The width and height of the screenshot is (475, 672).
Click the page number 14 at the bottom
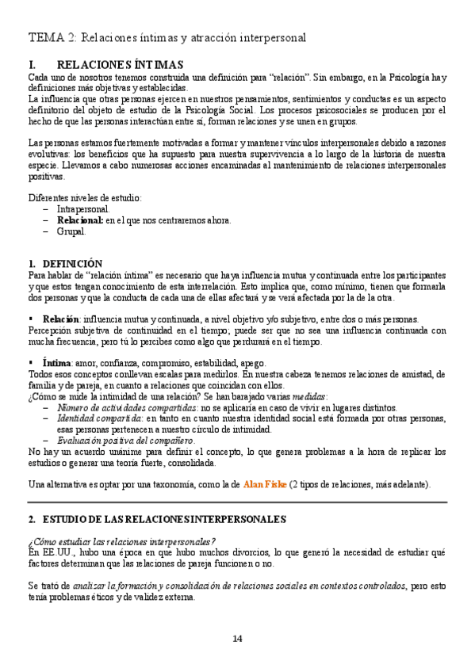point(238,639)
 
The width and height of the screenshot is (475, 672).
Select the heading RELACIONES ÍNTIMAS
point(121,64)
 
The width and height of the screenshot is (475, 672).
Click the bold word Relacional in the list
point(80,220)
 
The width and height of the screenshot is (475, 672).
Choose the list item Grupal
point(71,232)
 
